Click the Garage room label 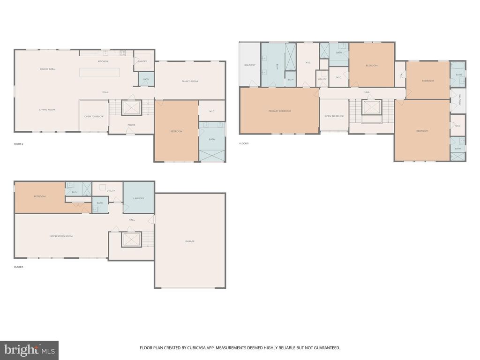pyautogui.click(x=189, y=241)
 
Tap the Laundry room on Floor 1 pyautogui.click(x=138, y=198)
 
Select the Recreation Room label pyautogui.click(x=61, y=236)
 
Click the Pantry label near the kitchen pyautogui.click(x=142, y=61)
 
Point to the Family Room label pyautogui.click(x=190, y=82)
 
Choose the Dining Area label pyautogui.click(x=47, y=69)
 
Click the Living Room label pyautogui.click(x=47, y=110)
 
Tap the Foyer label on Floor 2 pyautogui.click(x=131, y=125)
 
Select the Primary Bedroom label pyautogui.click(x=279, y=111)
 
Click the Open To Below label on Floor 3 pyautogui.click(x=334, y=116)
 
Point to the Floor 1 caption pyautogui.click(x=19, y=267)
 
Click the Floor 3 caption pyautogui.click(x=244, y=143)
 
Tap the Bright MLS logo pyautogui.click(x=29, y=350)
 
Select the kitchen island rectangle pyautogui.click(x=99, y=73)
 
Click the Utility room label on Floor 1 pyautogui.click(x=111, y=191)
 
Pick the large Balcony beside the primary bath pyautogui.click(x=250, y=65)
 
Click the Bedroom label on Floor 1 pyautogui.click(x=39, y=196)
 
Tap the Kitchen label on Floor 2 pyautogui.click(x=103, y=61)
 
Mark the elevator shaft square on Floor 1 pyautogui.click(x=131, y=240)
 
